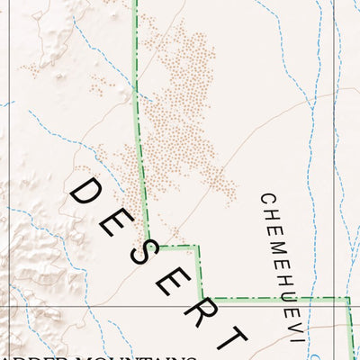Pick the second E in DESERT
[174, 282]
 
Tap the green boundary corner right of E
[198, 246]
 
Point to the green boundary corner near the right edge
[348, 299]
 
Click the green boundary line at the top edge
[135, 4]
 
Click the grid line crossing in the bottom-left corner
[9, 307]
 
